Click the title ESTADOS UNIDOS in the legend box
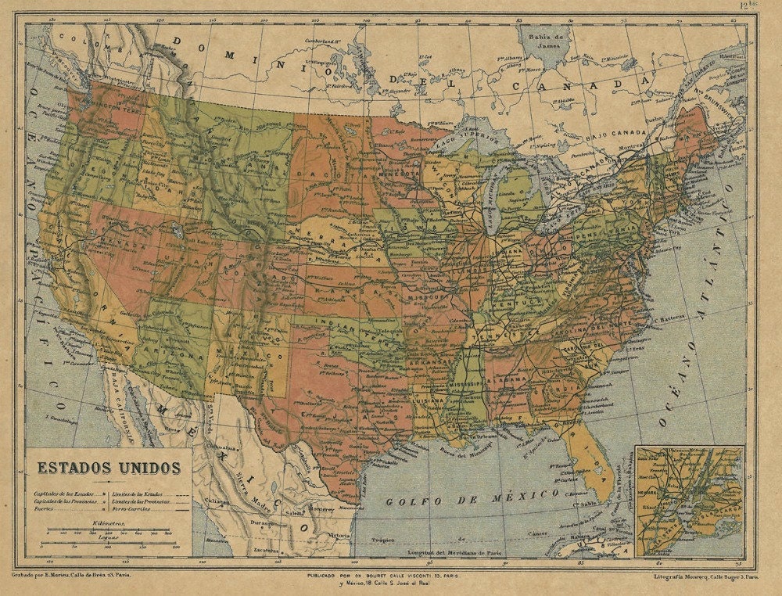(103, 468)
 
